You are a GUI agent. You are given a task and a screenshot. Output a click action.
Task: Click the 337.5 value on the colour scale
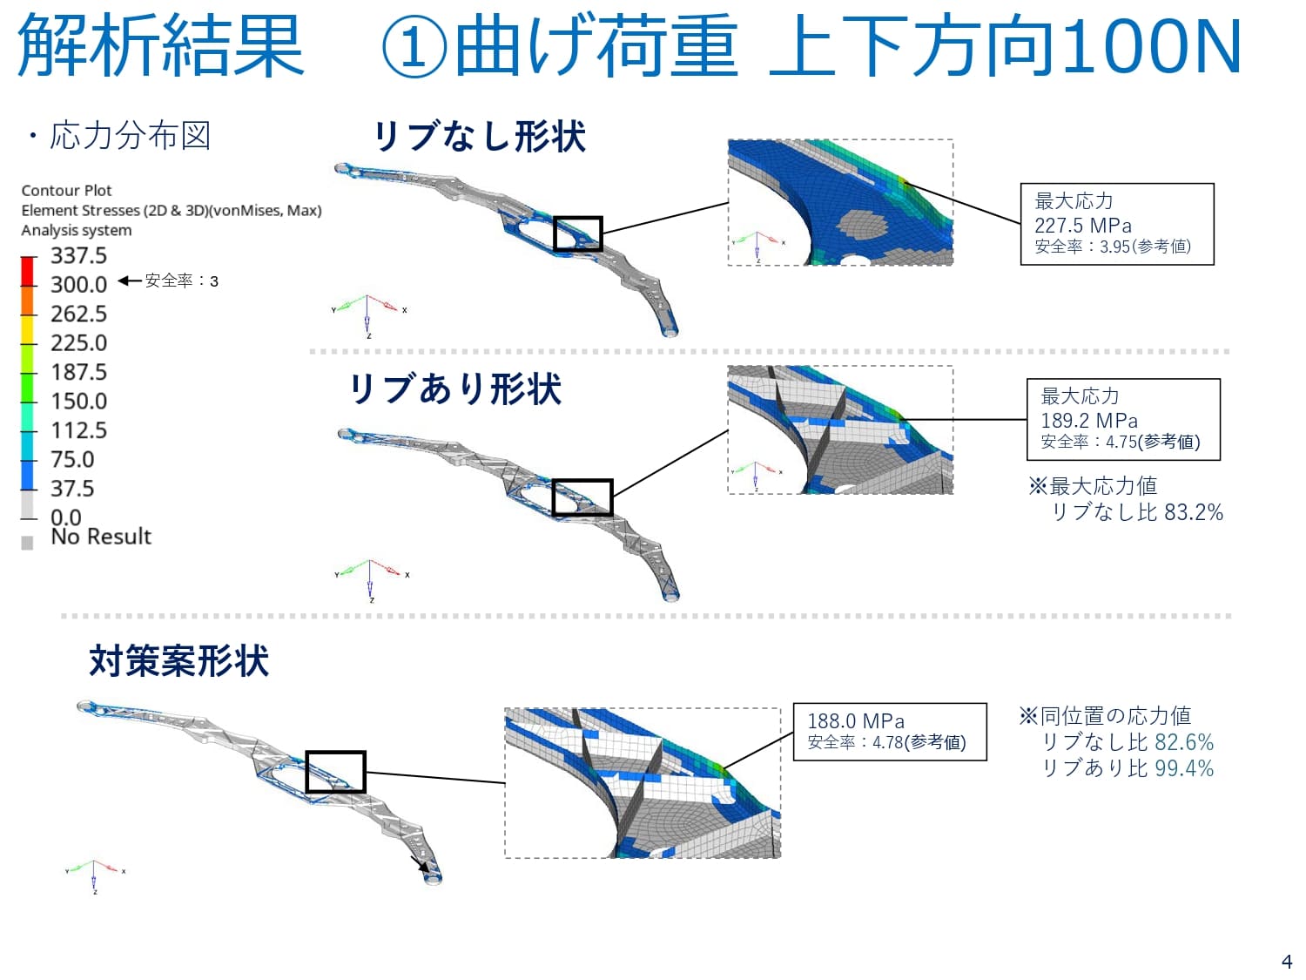(78, 255)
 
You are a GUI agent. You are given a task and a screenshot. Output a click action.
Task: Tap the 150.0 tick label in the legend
(78, 401)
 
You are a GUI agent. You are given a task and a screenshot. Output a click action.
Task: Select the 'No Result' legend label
(101, 537)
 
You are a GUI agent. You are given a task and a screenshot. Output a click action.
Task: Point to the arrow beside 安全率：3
(129, 280)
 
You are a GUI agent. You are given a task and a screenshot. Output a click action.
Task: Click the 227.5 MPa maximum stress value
(1082, 225)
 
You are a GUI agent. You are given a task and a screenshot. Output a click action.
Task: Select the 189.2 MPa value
(1088, 420)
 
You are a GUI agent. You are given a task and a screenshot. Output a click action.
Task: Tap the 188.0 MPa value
(855, 721)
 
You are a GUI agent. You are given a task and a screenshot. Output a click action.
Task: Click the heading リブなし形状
(480, 137)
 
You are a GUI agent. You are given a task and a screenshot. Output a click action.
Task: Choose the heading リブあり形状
(455, 389)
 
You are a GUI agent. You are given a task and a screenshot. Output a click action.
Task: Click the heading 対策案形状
(178, 661)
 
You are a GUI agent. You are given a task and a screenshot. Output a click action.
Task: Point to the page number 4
(1287, 962)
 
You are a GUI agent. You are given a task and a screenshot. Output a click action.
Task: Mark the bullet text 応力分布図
(130, 136)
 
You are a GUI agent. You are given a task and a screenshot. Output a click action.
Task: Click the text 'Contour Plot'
(66, 191)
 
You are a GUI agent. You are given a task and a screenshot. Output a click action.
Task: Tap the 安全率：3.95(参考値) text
(1112, 247)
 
